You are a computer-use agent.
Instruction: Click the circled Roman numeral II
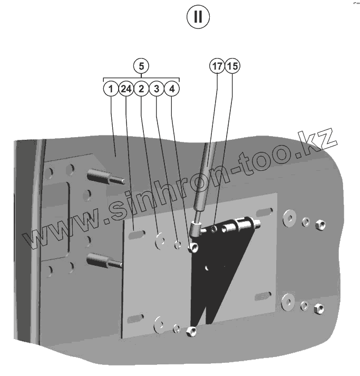click(x=198, y=17)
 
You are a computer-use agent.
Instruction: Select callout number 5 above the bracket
click(x=141, y=66)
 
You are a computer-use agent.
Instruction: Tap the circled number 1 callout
click(x=111, y=89)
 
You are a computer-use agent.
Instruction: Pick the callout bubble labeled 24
click(x=125, y=89)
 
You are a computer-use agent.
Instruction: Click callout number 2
click(x=141, y=89)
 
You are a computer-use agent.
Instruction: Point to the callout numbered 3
click(x=157, y=89)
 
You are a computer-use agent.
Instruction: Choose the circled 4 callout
click(x=172, y=89)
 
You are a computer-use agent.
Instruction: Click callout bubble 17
click(x=217, y=66)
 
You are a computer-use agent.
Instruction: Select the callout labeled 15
click(x=232, y=66)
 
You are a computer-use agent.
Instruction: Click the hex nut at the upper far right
click(x=318, y=225)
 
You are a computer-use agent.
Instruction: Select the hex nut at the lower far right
click(x=318, y=307)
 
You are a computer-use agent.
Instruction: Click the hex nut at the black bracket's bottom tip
click(x=192, y=332)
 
